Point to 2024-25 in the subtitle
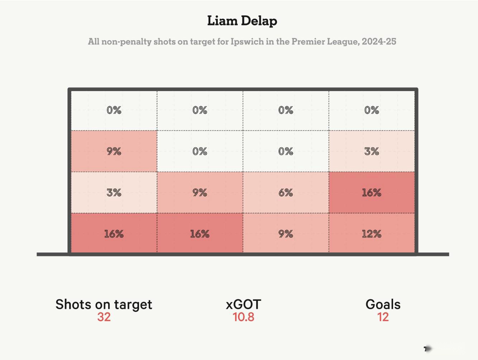click(x=379, y=42)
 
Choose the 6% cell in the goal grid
click(x=286, y=193)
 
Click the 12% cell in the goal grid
click(x=372, y=234)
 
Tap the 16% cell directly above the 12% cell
click(x=372, y=193)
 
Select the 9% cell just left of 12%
click(x=286, y=234)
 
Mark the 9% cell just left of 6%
click(x=200, y=193)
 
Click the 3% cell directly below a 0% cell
click(x=372, y=151)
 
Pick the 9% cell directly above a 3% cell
click(x=114, y=151)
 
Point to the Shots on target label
click(x=104, y=304)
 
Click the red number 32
click(x=104, y=317)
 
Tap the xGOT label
click(x=243, y=304)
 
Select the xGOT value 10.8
click(x=243, y=317)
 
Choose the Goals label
click(x=383, y=304)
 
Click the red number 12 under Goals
click(x=383, y=317)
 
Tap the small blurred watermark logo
click(x=428, y=349)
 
